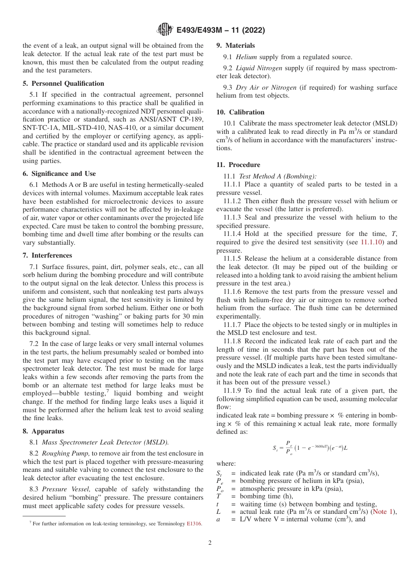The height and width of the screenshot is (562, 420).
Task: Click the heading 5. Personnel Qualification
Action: pyautogui.click(x=63, y=84)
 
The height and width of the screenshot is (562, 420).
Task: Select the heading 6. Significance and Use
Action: pyautogui.click(x=59, y=174)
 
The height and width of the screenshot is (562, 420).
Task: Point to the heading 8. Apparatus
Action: pyautogui.click(x=43, y=431)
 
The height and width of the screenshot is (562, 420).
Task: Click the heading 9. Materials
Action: pyautogui.click(x=236, y=46)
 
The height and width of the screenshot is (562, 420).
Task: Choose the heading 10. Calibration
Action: pyautogui.click(x=241, y=112)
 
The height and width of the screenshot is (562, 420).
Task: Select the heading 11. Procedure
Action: pyautogui.click(x=238, y=165)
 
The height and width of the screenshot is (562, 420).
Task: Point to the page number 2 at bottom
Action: pyautogui.click(x=210, y=543)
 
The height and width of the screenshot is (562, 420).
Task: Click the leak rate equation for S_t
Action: pyautogui.click(x=310, y=448)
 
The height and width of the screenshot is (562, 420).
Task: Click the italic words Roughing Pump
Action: pyautogui.click(x=66, y=453)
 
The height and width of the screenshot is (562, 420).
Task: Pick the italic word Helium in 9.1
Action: pyautogui.click(x=246, y=57)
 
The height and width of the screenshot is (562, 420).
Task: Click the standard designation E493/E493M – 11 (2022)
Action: pyautogui.click(x=221, y=30)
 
